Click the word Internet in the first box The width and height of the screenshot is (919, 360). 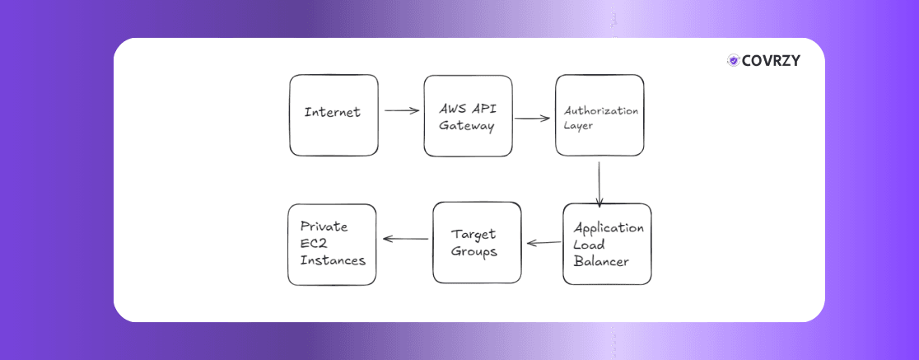point(333,112)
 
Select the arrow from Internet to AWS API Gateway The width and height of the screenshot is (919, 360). point(402,110)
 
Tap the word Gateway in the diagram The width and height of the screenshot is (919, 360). point(466,126)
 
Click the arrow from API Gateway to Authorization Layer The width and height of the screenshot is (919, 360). point(533,118)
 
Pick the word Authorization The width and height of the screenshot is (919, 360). point(600,110)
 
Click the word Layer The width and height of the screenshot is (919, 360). point(579,127)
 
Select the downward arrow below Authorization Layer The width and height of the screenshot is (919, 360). point(599,183)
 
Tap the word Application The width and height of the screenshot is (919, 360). point(609,228)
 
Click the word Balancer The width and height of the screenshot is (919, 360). point(601,262)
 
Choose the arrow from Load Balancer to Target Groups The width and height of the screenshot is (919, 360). point(543,243)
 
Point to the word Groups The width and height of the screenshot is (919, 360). point(475,251)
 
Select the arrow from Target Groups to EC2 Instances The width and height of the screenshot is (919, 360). point(405,240)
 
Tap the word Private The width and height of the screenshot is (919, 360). point(324,227)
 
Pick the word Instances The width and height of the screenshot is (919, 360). point(333,259)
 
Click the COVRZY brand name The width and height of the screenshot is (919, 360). point(771,60)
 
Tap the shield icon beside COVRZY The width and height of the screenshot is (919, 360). point(732,60)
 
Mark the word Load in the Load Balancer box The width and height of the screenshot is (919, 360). point(589,245)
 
